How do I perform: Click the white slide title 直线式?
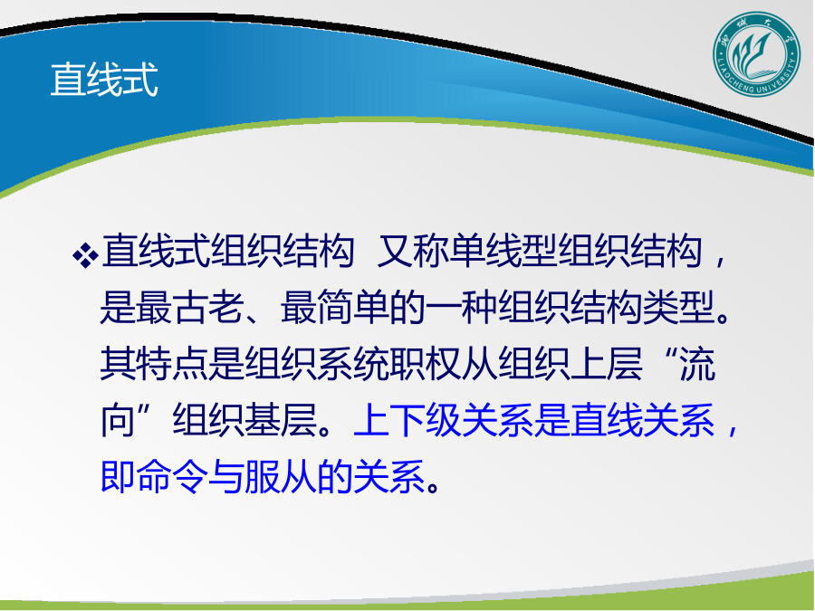(x=104, y=80)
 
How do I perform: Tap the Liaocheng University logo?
(x=756, y=54)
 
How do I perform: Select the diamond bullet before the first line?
(x=85, y=254)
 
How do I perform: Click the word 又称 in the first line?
(x=412, y=252)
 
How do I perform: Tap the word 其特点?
(x=154, y=364)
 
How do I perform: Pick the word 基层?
(x=281, y=420)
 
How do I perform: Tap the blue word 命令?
(x=172, y=476)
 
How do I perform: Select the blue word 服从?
(x=281, y=476)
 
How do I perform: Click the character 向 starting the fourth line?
(x=118, y=420)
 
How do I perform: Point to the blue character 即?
(x=118, y=476)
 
